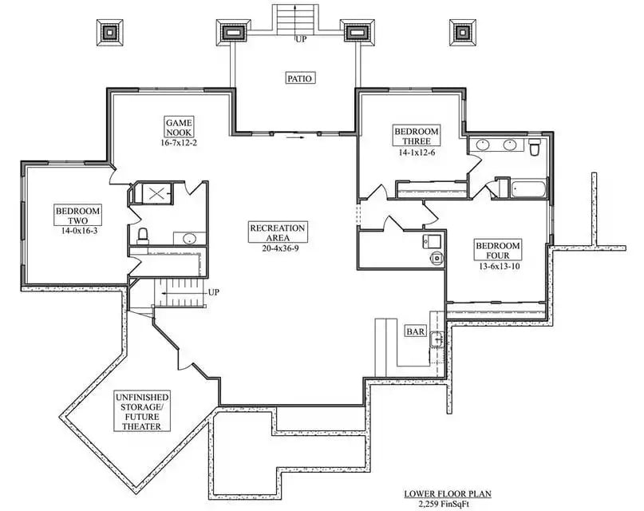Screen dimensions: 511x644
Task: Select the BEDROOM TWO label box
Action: point(77,216)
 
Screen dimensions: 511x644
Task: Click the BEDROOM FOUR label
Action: point(497,250)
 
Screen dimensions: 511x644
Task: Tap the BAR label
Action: point(415,331)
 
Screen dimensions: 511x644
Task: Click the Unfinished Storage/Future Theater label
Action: point(141,410)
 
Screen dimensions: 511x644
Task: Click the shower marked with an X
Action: point(155,192)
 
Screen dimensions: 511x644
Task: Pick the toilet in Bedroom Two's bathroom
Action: point(144,236)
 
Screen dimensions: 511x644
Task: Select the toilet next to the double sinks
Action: point(535,148)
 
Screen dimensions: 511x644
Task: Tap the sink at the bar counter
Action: point(436,340)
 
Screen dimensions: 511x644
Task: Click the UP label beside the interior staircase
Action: point(213,292)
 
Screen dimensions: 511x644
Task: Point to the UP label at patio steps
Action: point(300,38)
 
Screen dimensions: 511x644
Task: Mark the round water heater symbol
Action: point(435,257)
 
